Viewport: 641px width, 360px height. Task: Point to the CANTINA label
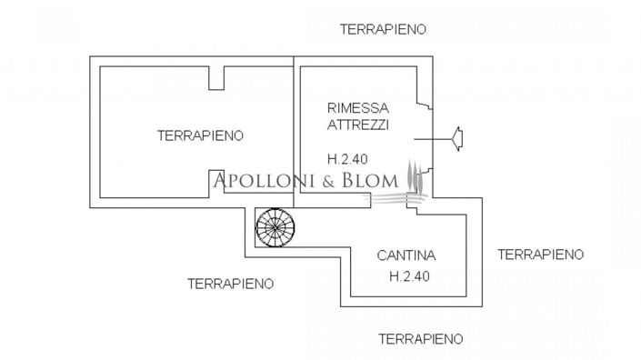click(406, 256)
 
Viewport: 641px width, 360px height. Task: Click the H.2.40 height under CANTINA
click(406, 275)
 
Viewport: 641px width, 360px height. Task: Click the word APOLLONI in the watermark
click(264, 180)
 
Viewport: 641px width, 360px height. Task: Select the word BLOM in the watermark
click(370, 180)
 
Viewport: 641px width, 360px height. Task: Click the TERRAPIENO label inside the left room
click(200, 135)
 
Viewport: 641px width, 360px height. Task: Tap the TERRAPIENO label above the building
click(383, 29)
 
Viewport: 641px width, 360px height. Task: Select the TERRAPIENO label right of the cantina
click(541, 254)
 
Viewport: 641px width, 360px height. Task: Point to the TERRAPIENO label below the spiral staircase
click(230, 283)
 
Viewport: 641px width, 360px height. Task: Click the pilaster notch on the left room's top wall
click(216, 78)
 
